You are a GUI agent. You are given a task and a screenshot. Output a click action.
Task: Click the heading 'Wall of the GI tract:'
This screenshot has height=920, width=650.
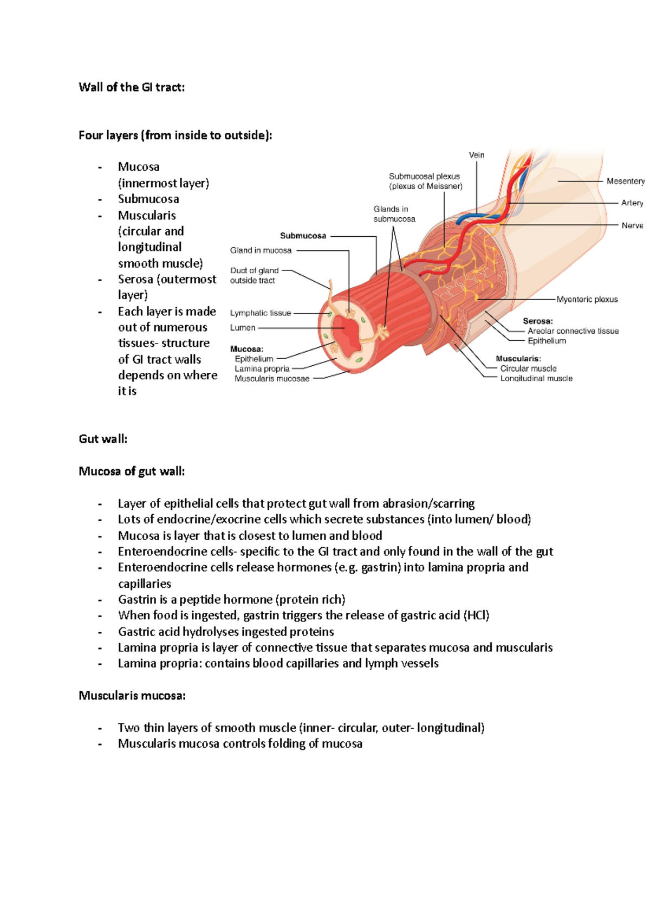[132, 87]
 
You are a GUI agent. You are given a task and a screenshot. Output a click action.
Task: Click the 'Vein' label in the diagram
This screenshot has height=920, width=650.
[477, 155]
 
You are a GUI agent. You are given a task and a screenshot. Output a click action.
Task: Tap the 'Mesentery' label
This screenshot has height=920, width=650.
[625, 181]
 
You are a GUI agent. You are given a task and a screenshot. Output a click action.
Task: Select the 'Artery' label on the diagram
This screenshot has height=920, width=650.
[632, 203]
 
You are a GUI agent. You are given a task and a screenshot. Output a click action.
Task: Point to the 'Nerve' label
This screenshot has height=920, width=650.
[632, 225]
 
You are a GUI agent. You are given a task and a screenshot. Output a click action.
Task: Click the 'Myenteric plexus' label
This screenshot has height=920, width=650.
[587, 299]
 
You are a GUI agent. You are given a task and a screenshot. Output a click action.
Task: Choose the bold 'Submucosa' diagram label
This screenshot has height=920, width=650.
[303, 236]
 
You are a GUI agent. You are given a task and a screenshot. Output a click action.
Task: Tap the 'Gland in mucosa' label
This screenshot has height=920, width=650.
[261, 250]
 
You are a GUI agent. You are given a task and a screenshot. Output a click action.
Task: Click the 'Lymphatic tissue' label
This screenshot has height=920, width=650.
[261, 313]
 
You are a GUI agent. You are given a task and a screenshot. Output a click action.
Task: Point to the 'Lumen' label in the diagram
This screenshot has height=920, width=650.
[243, 328]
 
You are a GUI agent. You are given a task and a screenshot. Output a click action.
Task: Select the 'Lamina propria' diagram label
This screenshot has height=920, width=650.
[262, 368]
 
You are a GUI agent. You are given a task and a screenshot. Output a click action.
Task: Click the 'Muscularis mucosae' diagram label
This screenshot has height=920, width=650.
[272, 379]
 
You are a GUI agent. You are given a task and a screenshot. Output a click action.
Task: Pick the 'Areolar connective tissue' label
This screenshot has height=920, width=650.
[573, 331]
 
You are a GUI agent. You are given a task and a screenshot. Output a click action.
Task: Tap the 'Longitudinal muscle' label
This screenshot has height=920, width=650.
[536, 378]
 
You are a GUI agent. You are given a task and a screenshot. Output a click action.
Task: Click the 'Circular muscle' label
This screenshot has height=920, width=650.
[528, 368]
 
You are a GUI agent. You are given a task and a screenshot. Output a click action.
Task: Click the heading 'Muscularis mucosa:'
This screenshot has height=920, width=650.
[132, 696]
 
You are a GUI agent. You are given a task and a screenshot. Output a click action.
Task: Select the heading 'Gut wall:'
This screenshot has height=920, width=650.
[103, 439]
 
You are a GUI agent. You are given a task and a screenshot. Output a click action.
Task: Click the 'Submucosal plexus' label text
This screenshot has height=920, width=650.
[424, 177]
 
